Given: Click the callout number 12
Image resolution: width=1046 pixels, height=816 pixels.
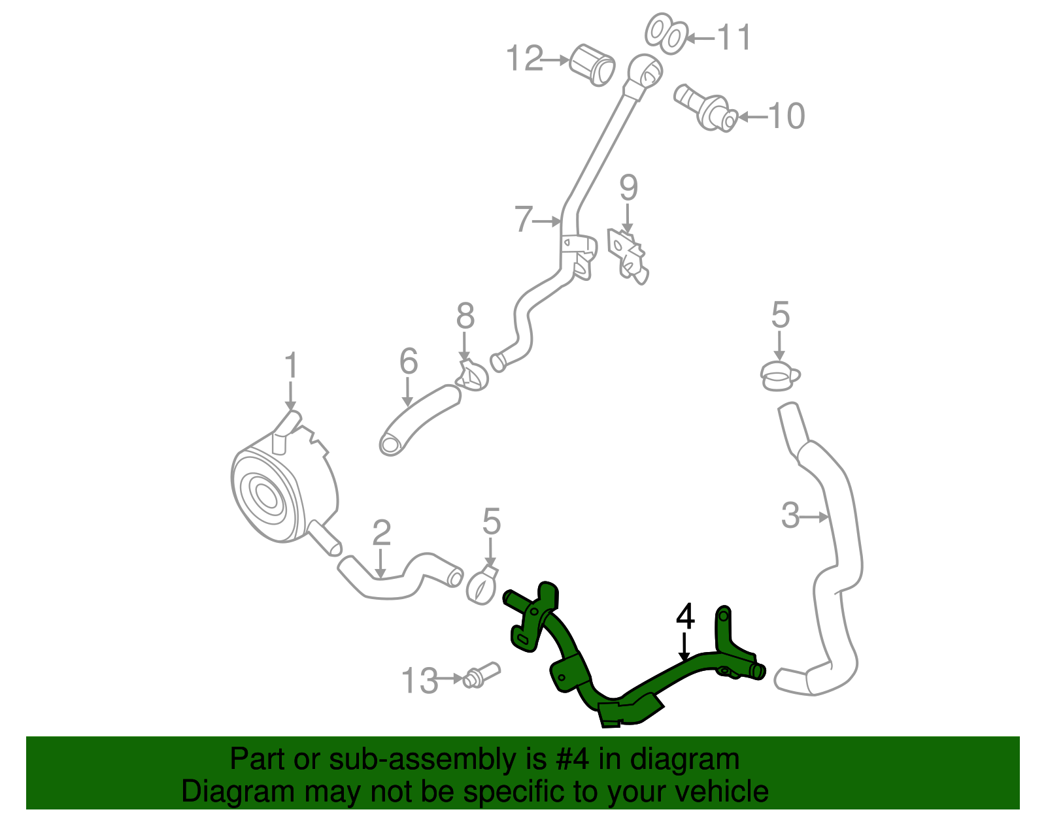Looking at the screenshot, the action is [x=525, y=59].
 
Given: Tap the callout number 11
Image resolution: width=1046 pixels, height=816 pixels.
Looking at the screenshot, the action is [x=734, y=37].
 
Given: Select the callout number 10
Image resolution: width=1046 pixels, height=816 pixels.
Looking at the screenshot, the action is [x=786, y=116].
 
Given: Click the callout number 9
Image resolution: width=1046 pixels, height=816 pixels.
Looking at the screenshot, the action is [x=628, y=188].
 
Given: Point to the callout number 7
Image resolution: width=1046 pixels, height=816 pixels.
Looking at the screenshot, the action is [x=523, y=220].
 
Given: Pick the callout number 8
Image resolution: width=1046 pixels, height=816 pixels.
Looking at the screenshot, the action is [x=465, y=317].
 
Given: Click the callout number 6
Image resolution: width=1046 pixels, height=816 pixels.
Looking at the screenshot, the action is [x=409, y=361].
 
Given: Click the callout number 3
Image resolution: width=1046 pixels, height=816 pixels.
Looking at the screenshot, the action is [x=790, y=515].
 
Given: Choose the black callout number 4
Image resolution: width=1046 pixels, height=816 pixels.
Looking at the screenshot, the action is [x=684, y=617].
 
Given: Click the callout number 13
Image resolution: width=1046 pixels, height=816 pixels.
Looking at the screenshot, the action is [x=419, y=681].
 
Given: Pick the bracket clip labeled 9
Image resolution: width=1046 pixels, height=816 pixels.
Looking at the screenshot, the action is [x=629, y=256].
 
